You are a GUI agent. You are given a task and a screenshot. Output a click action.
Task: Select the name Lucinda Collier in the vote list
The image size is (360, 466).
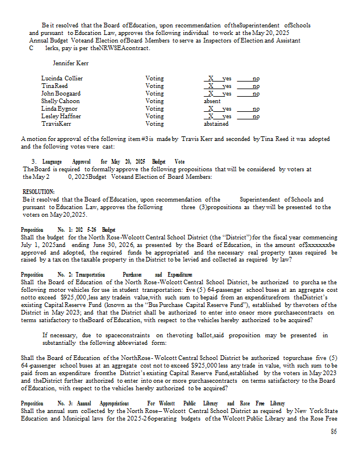click(x=62, y=78)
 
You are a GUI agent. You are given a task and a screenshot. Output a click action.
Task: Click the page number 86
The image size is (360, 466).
click(x=334, y=431)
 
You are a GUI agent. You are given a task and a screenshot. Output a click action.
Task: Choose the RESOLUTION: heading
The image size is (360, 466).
click(x=38, y=192)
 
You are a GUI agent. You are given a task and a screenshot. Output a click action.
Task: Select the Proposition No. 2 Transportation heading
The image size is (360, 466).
click(x=101, y=274)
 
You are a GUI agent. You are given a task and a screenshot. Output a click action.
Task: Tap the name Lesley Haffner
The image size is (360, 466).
click(x=61, y=116)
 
